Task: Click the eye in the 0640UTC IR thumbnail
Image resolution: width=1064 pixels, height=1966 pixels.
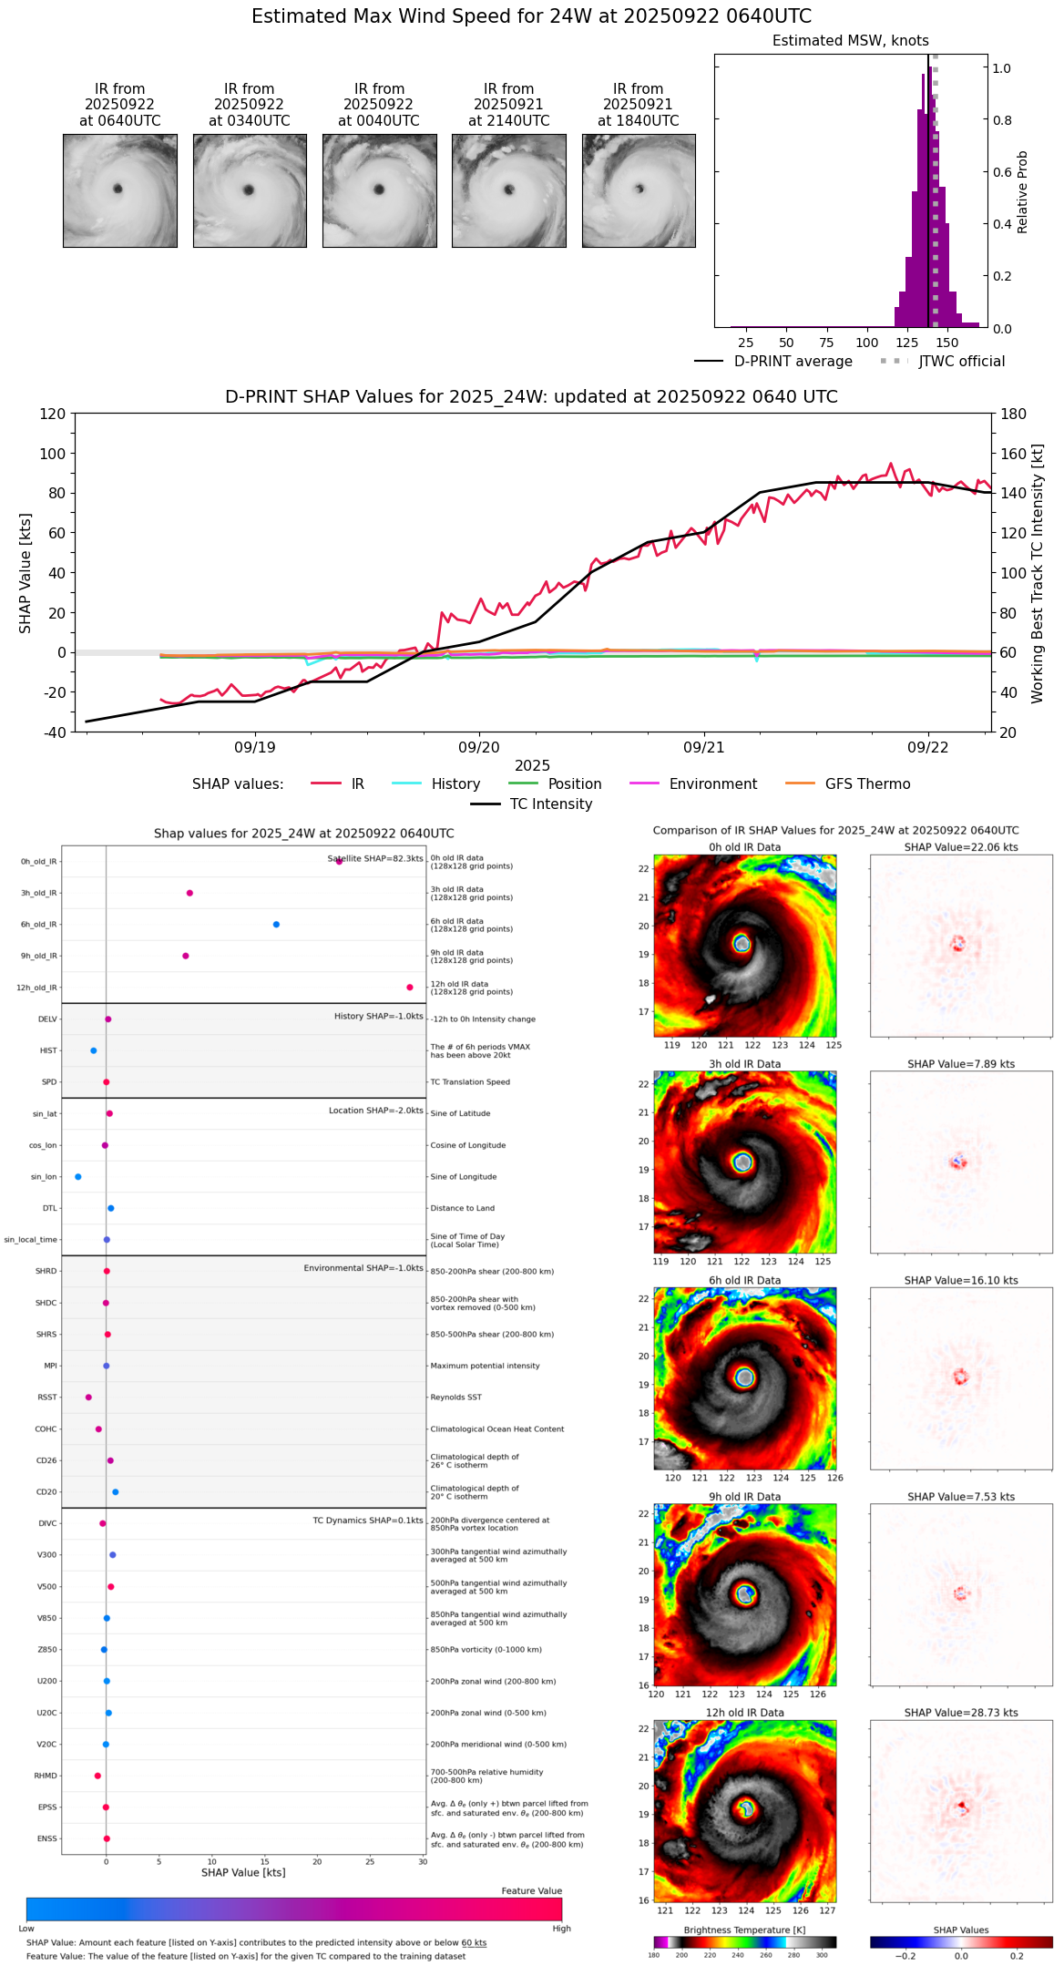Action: click(x=118, y=189)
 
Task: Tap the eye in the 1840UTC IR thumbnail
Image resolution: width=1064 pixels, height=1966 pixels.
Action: click(x=640, y=189)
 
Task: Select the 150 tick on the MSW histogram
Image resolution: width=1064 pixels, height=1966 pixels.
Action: click(x=947, y=343)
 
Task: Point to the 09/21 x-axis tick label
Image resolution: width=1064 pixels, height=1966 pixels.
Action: click(x=703, y=747)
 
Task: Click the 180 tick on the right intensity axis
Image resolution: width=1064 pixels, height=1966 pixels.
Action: click(x=1014, y=414)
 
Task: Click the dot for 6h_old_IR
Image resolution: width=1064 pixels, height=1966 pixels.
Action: click(x=276, y=925)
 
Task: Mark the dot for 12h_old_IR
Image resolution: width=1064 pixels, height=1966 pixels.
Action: click(x=410, y=988)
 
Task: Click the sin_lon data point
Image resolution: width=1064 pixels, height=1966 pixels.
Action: click(x=78, y=1177)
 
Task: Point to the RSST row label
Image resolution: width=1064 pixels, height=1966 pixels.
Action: click(x=46, y=1398)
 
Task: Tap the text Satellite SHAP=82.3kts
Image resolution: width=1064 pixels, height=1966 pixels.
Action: click(x=375, y=859)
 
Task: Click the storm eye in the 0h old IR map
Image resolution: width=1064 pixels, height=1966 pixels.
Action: click(x=742, y=944)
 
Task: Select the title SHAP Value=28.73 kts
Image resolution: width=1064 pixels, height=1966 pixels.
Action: click(x=961, y=1713)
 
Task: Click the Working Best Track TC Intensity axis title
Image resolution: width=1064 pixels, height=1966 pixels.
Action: click(x=1038, y=574)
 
